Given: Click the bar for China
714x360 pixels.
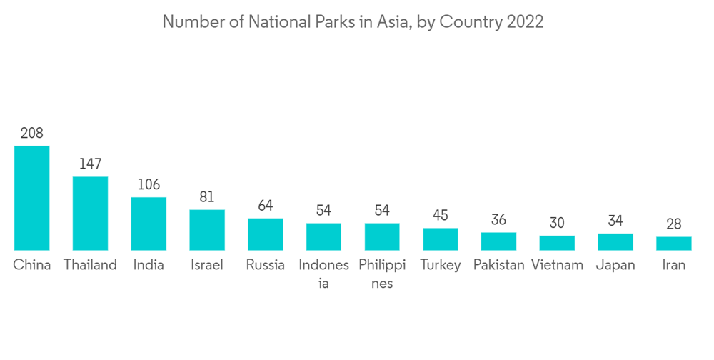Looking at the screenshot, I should tap(32, 198).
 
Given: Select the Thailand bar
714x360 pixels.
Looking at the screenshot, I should tap(90, 213).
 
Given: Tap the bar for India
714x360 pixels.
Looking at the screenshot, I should tap(149, 224).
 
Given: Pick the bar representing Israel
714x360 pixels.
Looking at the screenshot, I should tap(207, 229).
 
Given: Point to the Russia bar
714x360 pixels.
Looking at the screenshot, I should tap(266, 234).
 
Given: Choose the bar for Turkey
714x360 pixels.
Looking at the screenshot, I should tap(441, 239).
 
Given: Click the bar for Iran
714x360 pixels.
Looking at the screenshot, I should tap(674, 243).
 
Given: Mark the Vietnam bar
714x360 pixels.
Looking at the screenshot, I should tap(557, 243).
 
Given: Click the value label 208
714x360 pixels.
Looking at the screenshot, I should tap(32, 133).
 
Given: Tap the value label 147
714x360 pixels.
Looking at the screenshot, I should tap(90, 164).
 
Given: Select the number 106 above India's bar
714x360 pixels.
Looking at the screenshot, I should tap(149, 184).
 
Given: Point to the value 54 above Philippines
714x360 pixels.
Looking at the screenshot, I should tap(382, 210).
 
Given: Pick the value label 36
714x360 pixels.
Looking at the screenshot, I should tap(498, 219).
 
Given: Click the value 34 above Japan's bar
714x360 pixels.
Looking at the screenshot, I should tap(615, 220).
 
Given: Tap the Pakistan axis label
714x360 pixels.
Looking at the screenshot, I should tap(498, 265).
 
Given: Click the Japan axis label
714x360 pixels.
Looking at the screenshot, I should tap(615, 265).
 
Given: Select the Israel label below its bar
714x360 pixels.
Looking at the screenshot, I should tap(207, 265).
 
